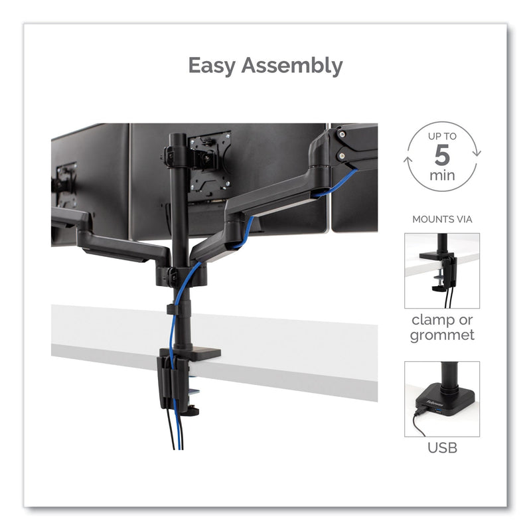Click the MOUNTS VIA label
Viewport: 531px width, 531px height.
(441, 218)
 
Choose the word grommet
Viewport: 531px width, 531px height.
(441, 335)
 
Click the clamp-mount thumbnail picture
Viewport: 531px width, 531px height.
(441, 270)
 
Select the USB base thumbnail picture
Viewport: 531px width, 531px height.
(441, 399)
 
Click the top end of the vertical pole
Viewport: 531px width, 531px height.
(178, 137)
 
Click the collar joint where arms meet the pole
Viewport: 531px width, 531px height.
(174, 274)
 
